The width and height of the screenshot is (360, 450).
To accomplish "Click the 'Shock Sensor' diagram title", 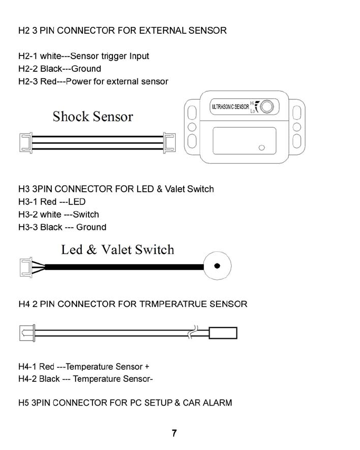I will (93, 117).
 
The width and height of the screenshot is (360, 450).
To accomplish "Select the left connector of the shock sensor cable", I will (24, 142).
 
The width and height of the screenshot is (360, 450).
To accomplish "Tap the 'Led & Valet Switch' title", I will (117, 249).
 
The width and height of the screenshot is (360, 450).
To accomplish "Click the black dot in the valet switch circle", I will (216, 266).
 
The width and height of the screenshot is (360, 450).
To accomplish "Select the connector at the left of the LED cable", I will (25, 267).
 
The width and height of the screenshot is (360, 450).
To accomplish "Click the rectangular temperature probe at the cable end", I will (223, 333).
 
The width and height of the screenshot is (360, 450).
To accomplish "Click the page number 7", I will (174, 434).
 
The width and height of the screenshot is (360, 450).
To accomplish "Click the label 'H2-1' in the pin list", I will (27, 56).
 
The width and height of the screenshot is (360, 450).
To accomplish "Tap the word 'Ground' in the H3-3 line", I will (91, 227).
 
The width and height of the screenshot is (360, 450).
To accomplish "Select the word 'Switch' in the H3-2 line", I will (86, 214).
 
